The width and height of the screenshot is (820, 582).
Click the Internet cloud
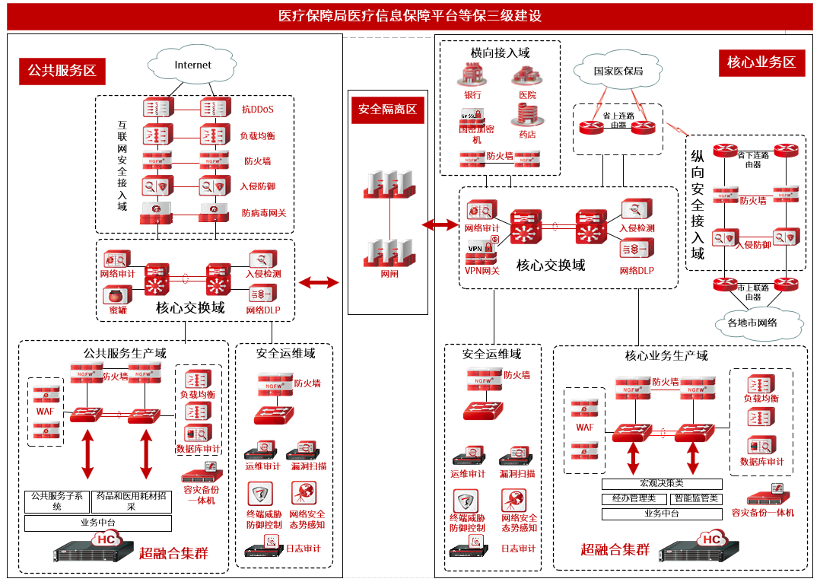point(192,65)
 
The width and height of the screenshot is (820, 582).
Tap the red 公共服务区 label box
point(62,71)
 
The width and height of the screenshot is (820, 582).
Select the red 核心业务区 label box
point(761,62)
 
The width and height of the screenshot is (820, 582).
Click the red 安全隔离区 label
point(388,110)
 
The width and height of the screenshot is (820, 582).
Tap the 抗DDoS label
point(258,109)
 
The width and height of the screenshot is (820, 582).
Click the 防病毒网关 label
point(264,213)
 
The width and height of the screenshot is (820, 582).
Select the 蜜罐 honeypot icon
point(117,296)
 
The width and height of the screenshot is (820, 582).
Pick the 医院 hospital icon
point(526,75)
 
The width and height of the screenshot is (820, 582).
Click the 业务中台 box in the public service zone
point(97,523)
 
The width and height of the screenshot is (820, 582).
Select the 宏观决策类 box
point(662,484)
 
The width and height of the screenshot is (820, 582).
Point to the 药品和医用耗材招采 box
point(131,501)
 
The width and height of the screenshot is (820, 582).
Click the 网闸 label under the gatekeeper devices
point(389,274)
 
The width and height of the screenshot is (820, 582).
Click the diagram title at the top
point(410,16)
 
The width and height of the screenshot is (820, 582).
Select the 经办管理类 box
point(634,499)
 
